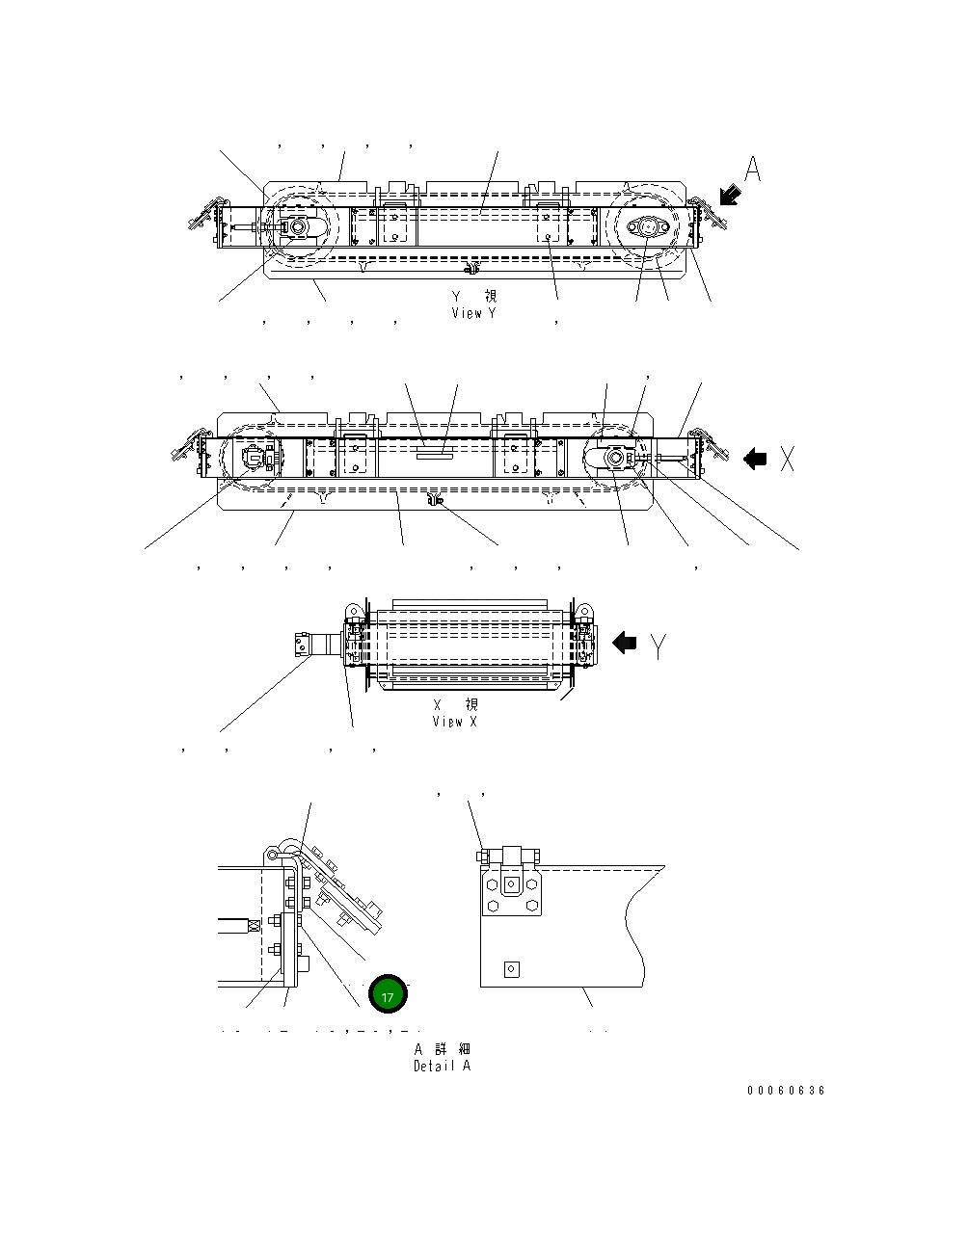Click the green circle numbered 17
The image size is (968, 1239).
point(388,996)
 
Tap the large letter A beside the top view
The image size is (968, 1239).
point(753,170)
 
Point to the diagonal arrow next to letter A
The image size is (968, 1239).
point(730,195)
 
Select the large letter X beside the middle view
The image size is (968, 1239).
point(788,460)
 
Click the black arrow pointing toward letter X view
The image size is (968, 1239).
point(755,460)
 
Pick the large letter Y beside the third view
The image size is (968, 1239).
point(659,646)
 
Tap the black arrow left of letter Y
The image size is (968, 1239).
point(625,643)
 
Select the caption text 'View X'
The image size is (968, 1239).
point(454,722)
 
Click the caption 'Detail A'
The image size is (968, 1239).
point(443,1066)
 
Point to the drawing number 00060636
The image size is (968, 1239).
point(786,1091)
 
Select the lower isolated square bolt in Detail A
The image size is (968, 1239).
point(512,969)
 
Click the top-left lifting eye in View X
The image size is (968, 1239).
point(352,611)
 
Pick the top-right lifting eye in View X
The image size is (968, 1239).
point(583,611)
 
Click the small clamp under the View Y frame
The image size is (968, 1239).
point(471,267)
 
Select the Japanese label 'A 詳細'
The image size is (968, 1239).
point(443,1049)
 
